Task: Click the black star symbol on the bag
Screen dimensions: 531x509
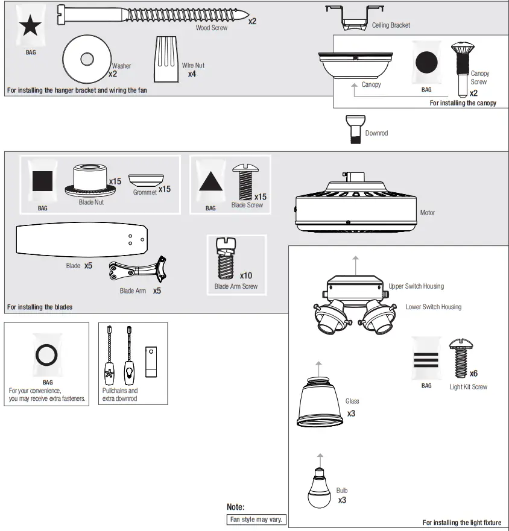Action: pos(31,27)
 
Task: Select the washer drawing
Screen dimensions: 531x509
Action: pos(87,59)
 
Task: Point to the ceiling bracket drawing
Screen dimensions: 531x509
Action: pos(355,16)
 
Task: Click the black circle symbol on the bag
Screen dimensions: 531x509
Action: pos(426,63)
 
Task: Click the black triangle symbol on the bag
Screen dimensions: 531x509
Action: pos(210,181)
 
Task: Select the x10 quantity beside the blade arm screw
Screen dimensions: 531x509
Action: pos(246,275)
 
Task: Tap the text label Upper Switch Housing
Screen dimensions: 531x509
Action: pos(416,286)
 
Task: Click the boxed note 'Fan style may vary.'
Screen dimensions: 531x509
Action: pos(256,520)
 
